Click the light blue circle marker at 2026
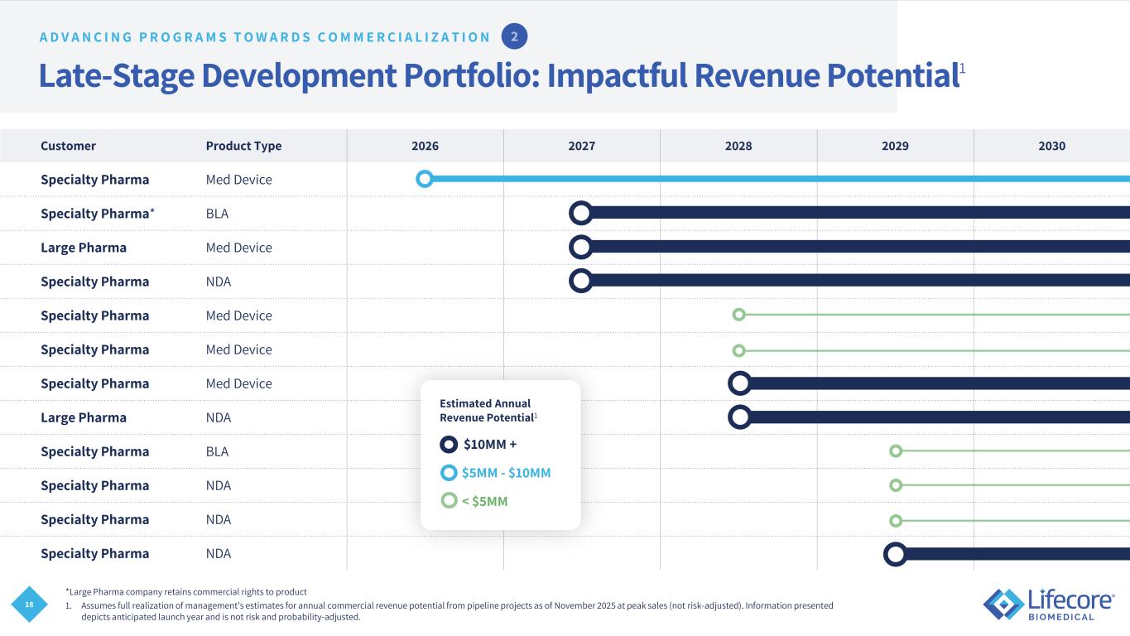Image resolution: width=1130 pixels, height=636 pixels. click(425, 178)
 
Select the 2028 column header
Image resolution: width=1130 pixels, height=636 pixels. click(738, 146)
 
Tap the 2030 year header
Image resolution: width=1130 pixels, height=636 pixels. click(1051, 146)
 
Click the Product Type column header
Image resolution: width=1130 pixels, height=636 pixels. click(243, 146)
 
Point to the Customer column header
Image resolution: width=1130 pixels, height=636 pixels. click(68, 146)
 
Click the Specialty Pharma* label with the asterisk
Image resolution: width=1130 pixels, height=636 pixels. click(98, 214)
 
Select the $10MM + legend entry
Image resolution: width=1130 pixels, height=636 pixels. click(479, 445)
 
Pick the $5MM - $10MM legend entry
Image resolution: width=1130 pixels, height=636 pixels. click(496, 473)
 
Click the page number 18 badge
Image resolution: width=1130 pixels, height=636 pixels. click(29, 605)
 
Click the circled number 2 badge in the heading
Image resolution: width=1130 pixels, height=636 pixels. click(514, 36)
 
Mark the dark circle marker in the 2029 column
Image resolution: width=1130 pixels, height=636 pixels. click(895, 553)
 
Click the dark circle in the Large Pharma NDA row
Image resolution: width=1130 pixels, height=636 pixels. click(739, 417)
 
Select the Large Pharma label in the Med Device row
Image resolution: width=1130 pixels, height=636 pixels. click(84, 248)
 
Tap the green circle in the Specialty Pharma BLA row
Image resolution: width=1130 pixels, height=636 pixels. click(895, 450)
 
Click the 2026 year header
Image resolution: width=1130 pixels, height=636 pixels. click(425, 146)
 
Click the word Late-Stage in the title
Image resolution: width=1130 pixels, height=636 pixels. click(116, 76)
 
